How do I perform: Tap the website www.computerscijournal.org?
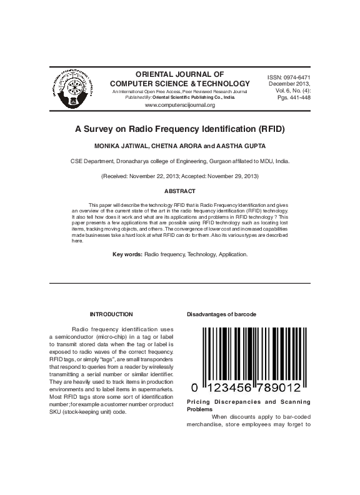pos(179,105)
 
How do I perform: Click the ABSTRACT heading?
pos(179,191)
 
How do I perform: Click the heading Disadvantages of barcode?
pos(221,314)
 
